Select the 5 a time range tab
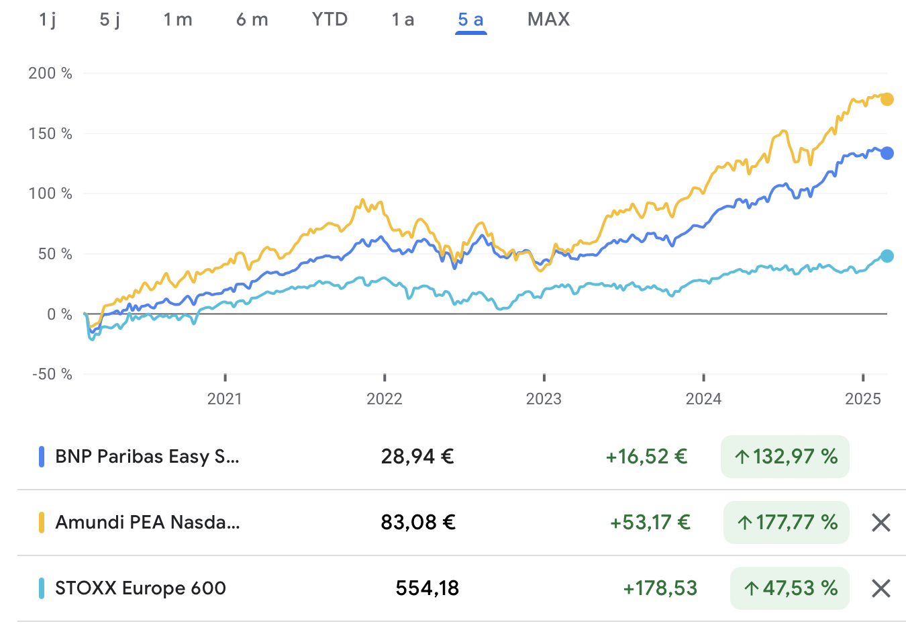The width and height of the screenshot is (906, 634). coord(470,19)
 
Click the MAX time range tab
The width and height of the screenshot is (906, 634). coord(548,19)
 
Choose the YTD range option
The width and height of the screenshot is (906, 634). coord(330,19)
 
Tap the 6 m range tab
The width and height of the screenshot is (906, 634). coord(252,19)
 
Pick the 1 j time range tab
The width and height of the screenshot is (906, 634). coord(47,19)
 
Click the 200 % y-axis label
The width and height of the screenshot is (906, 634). coord(50,73)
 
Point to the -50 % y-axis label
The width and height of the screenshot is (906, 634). coord(52,374)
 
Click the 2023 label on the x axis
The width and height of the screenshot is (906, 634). coord(544,399)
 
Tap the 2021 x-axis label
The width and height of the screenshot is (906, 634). coord(225,399)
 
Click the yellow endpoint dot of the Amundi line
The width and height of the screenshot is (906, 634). coord(887,99)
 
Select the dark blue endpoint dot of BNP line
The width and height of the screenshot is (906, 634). coord(887,153)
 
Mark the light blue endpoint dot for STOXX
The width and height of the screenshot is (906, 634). coord(887,256)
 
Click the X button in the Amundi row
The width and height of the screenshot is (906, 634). coord(880,523)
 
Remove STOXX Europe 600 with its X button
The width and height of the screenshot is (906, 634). coord(880,588)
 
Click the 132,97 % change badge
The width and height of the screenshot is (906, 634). coord(785,457)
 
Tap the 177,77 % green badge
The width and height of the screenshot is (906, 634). coord(787,523)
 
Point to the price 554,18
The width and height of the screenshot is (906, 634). coord(427,588)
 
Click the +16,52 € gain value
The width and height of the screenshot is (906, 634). coord(646,457)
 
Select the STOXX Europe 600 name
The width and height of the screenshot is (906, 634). coord(140,588)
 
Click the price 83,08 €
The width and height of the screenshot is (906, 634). coord(418,523)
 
